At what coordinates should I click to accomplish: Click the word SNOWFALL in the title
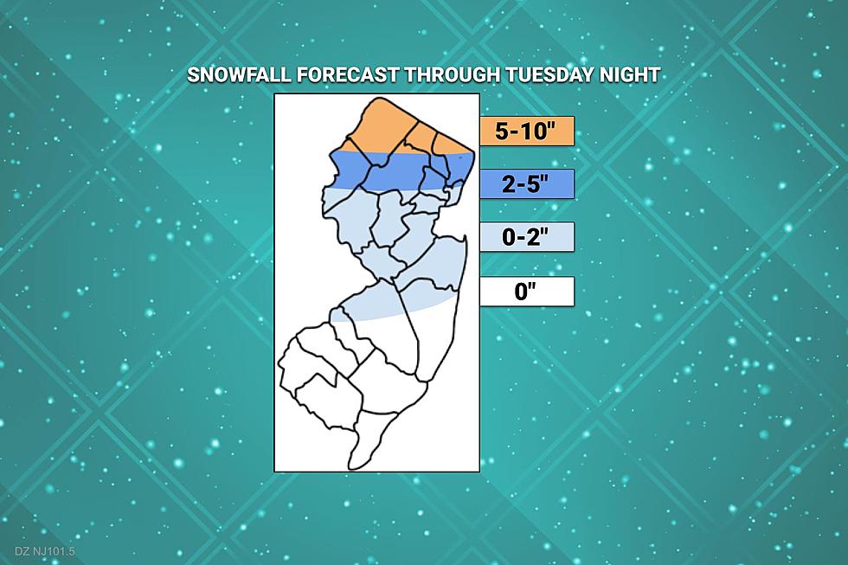point(239,74)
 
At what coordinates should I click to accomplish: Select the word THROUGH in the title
point(453,74)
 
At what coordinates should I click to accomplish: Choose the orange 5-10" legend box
point(527,131)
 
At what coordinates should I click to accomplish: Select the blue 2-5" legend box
point(527,183)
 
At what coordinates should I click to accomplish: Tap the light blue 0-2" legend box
point(527,237)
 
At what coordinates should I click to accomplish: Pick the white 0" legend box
point(527,292)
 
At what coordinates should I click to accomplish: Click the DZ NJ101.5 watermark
point(45,552)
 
